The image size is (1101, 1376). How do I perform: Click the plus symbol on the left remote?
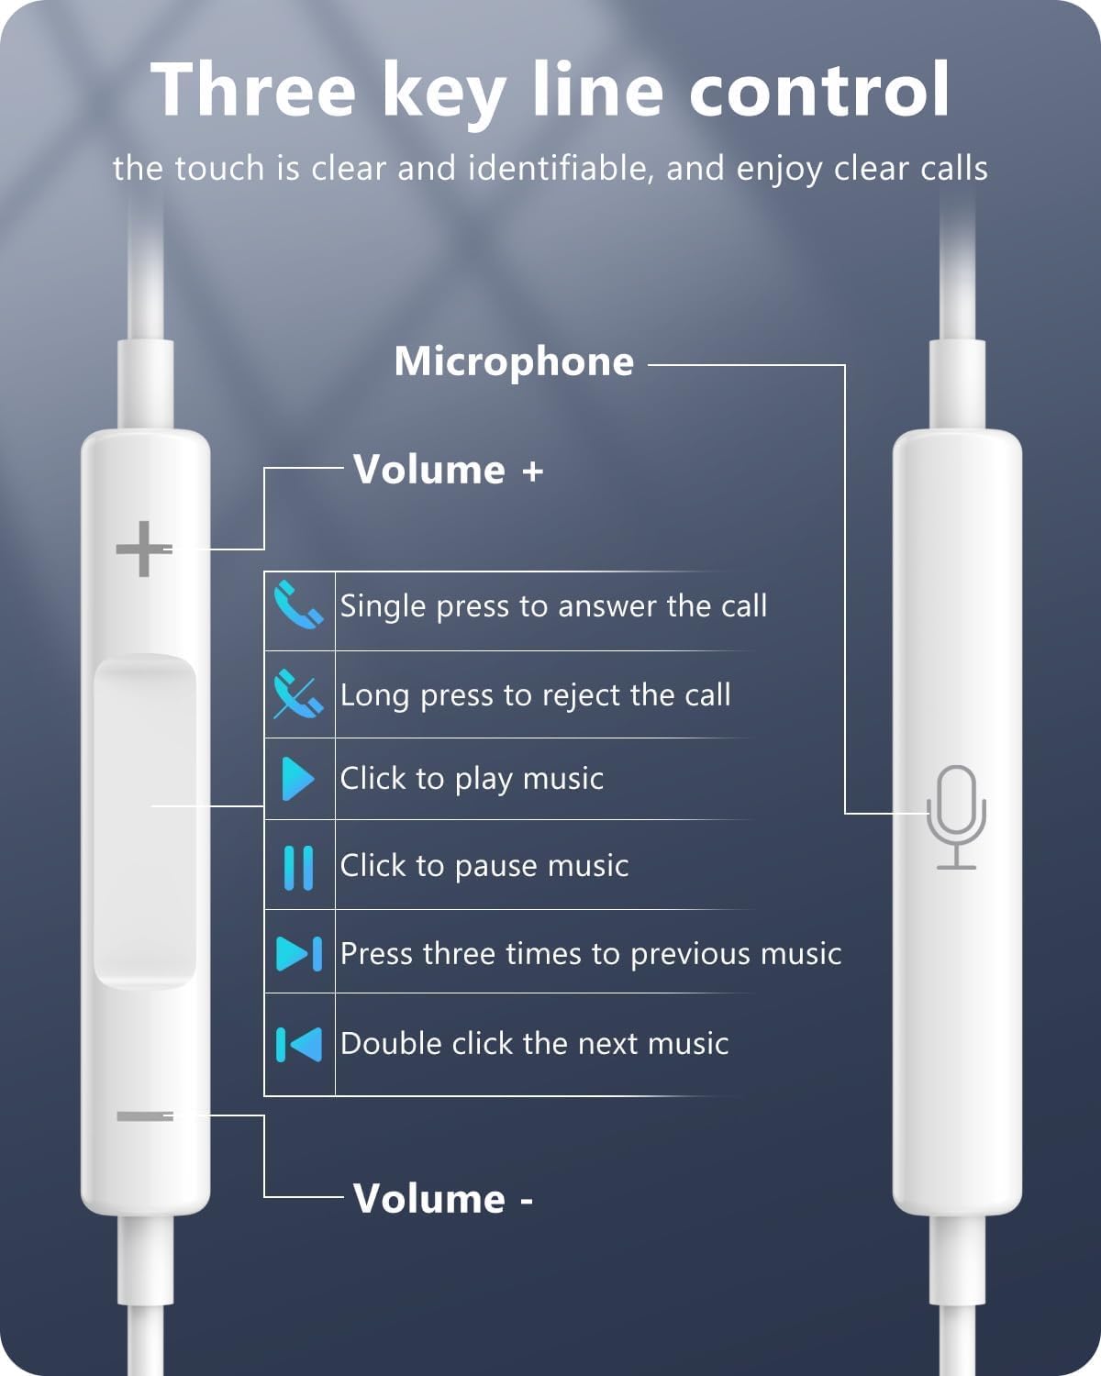[143, 549]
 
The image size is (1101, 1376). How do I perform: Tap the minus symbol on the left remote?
[144, 1115]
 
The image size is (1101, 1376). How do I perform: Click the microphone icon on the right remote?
[956, 816]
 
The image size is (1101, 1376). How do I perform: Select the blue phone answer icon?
[298, 605]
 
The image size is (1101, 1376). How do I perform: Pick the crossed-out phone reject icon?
[298, 694]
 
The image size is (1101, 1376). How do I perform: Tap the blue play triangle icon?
[297, 779]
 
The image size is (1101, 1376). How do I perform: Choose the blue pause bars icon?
[298, 867]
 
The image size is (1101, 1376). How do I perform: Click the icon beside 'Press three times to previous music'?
[298, 953]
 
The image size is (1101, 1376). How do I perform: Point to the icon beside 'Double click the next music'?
[298, 1044]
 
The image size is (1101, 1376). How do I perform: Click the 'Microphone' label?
[514, 361]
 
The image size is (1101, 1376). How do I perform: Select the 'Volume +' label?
[448, 470]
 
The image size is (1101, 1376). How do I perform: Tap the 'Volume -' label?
[442, 1199]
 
